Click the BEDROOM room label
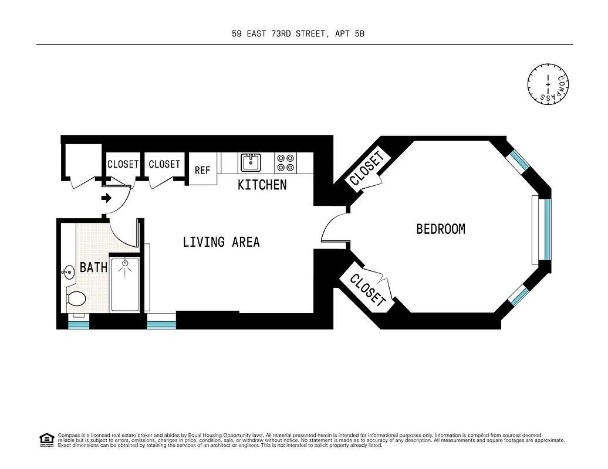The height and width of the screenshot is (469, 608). [x=440, y=229]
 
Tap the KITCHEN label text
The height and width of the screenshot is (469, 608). [x=262, y=185]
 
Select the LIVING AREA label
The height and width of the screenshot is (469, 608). [x=221, y=242]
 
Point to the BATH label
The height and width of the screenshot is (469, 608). [x=93, y=268]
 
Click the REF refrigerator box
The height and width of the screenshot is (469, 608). [x=202, y=169]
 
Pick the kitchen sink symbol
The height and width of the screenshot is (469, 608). [x=251, y=162]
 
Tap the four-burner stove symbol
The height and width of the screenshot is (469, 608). [x=286, y=162]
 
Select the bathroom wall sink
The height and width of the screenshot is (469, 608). [x=67, y=271]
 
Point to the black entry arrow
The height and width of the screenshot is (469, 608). [x=106, y=198]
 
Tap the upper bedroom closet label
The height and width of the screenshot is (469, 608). [x=367, y=169]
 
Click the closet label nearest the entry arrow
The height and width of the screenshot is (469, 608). [x=123, y=165]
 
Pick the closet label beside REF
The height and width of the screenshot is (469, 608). [x=164, y=165]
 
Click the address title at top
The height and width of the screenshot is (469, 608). [x=298, y=34]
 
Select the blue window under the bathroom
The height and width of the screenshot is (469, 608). [x=79, y=325]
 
